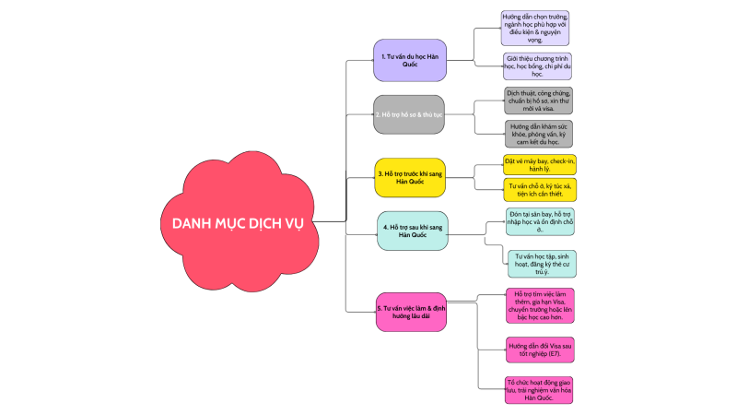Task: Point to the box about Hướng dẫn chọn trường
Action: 535,29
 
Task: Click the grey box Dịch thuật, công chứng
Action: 539,99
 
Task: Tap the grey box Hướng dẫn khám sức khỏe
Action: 539,134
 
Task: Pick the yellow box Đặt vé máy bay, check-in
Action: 540,165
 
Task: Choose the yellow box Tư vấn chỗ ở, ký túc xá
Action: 540,190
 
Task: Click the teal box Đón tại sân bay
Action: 540,220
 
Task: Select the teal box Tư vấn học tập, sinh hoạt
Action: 540,263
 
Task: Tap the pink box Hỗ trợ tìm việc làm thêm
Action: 540,305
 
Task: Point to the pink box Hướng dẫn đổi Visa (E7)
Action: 540,350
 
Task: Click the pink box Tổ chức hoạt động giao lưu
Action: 540,388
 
